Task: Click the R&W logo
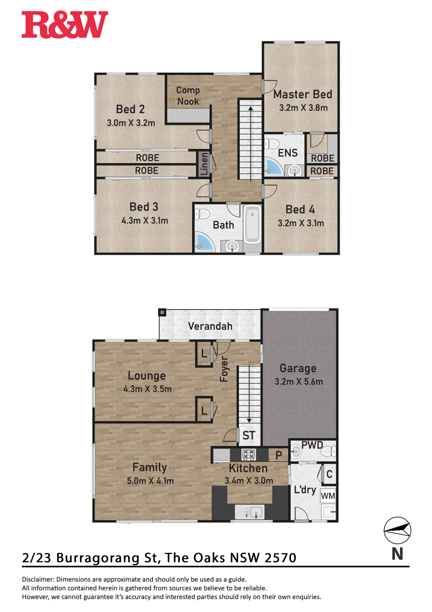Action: (65, 25)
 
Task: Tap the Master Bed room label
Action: (302, 94)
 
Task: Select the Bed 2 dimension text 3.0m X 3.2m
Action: (131, 123)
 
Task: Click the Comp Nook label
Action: (188, 96)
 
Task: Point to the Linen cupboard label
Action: (204, 164)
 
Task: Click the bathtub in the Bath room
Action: (252, 224)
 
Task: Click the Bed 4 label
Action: (300, 210)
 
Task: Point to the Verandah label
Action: (210, 326)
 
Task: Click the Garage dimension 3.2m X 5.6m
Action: (299, 382)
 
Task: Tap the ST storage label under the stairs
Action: (249, 436)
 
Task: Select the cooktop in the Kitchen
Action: (249, 455)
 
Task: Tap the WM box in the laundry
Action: (328, 496)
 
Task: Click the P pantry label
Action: (278, 456)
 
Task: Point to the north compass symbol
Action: (397, 530)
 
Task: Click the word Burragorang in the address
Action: (98, 558)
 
